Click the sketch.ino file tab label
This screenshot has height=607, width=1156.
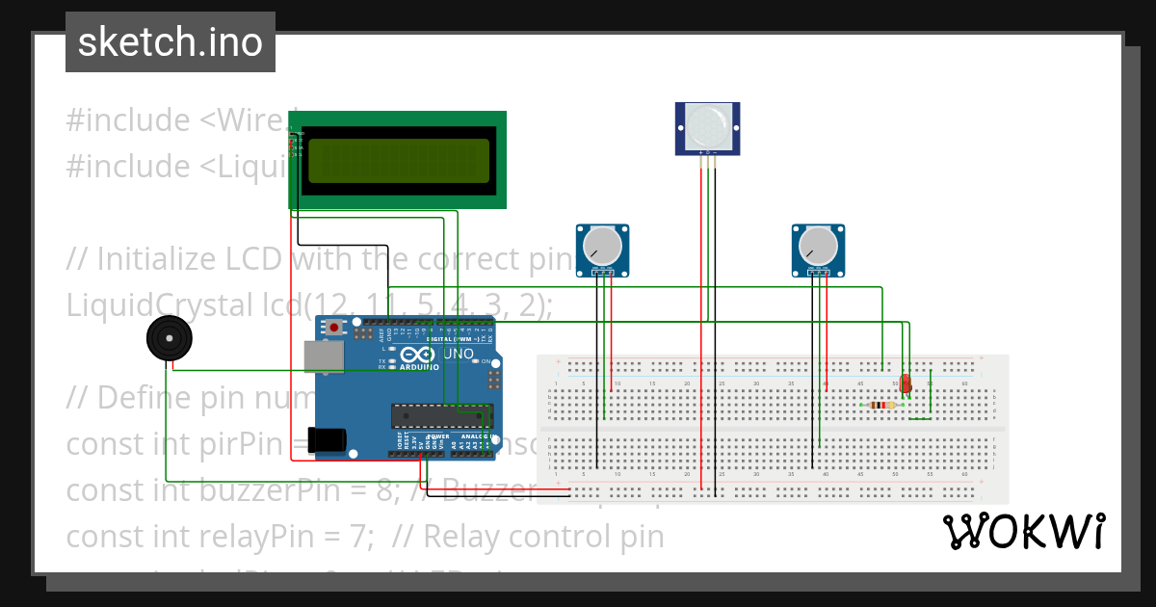coord(170,42)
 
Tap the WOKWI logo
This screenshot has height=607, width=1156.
coord(1023,532)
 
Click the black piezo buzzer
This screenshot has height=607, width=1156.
coord(170,340)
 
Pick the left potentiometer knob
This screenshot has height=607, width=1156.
coord(602,246)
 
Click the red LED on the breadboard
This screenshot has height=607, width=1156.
coord(905,383)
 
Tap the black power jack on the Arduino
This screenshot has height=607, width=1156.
coord(327,439)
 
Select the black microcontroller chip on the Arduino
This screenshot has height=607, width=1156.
coord(441,415)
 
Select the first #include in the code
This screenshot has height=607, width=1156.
coord(127,120)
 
